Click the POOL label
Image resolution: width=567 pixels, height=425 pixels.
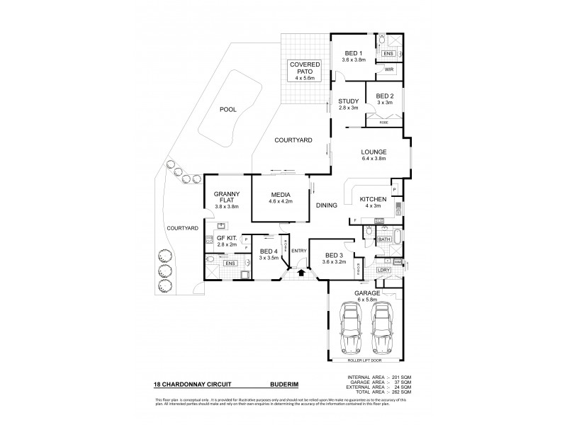pos(228,110)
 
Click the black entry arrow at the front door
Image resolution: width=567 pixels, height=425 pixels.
pos(302,271)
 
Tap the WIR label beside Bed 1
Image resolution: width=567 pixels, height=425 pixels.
pos(389,70)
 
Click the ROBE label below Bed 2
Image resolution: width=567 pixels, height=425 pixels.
pos(384,123)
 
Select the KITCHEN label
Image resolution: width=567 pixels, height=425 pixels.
pos(373,199)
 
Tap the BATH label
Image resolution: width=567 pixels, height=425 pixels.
pos(384,240)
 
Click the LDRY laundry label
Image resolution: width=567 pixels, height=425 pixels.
pos(384,270)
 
